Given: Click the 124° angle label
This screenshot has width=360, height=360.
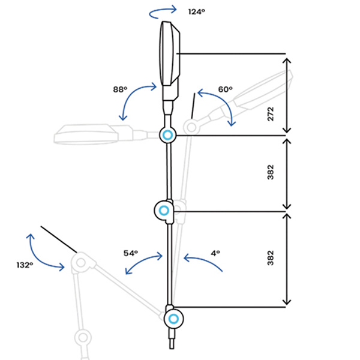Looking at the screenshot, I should coord(197,11).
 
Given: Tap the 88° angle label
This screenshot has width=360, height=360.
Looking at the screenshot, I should coord(120,89).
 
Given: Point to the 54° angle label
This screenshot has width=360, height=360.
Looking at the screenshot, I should coord(131,253).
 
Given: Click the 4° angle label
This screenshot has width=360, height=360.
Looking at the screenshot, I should coord(215,253).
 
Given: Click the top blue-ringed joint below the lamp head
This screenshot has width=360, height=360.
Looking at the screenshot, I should coord(167,135).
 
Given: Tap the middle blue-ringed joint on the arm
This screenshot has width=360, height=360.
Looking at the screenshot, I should coord(163,211).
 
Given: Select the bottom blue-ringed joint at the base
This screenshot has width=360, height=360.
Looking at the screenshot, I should coord(173,318).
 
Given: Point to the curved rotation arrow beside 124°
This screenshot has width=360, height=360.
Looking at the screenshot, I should coord(163,10).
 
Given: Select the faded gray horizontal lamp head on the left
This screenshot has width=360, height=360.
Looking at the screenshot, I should coord(87,133).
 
